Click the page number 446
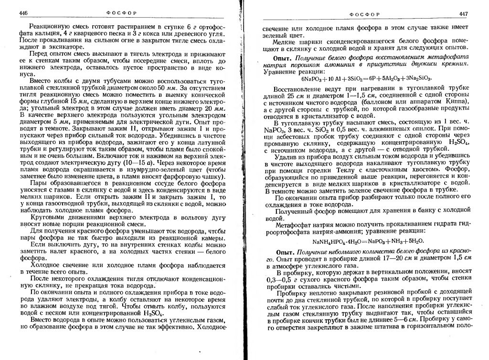coord(23,14)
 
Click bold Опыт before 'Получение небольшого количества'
coord(285,252)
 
